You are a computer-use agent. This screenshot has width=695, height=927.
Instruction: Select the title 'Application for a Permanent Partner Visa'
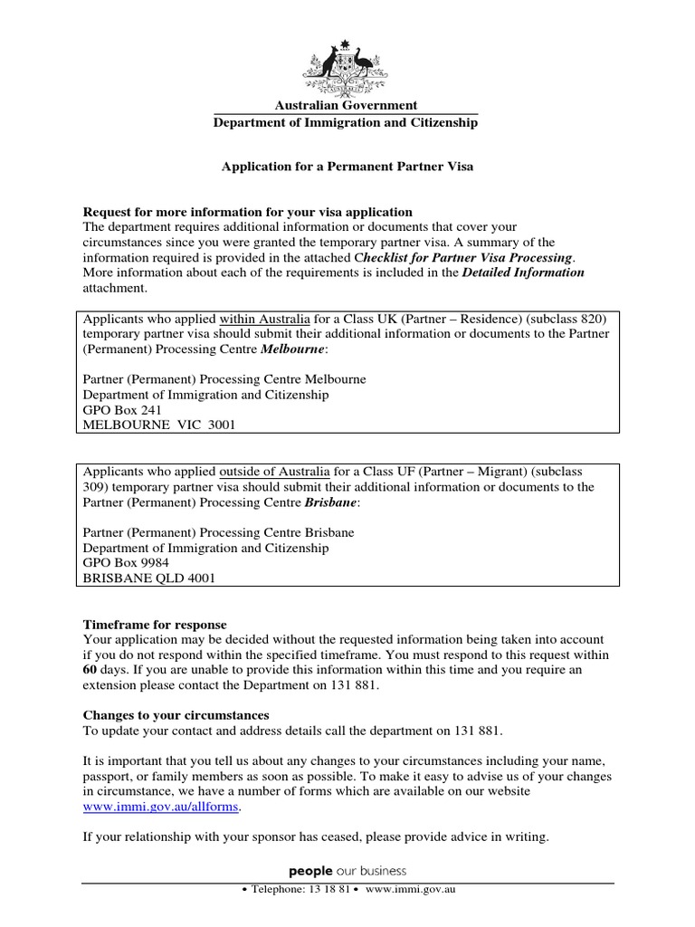coord(348,167)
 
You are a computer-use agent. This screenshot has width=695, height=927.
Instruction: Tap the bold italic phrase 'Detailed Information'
coord(523,272)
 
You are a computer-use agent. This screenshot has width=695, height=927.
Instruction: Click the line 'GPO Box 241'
coord(121,409)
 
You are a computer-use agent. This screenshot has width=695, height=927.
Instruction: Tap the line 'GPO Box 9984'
coord(125,562)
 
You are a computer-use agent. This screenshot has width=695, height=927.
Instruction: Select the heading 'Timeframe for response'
coord(155,625)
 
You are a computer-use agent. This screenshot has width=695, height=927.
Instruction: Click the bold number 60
coord(90,669)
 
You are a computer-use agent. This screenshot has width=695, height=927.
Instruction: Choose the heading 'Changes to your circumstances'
coord(176,715)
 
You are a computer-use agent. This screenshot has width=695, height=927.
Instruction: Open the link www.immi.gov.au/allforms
coord(163,807)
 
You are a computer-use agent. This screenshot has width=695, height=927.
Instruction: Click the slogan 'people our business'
coord(347,871)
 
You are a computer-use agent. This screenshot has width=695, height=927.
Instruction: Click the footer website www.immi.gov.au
coord(409,891)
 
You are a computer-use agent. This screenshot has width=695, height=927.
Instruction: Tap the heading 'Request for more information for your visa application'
coord(248,212)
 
